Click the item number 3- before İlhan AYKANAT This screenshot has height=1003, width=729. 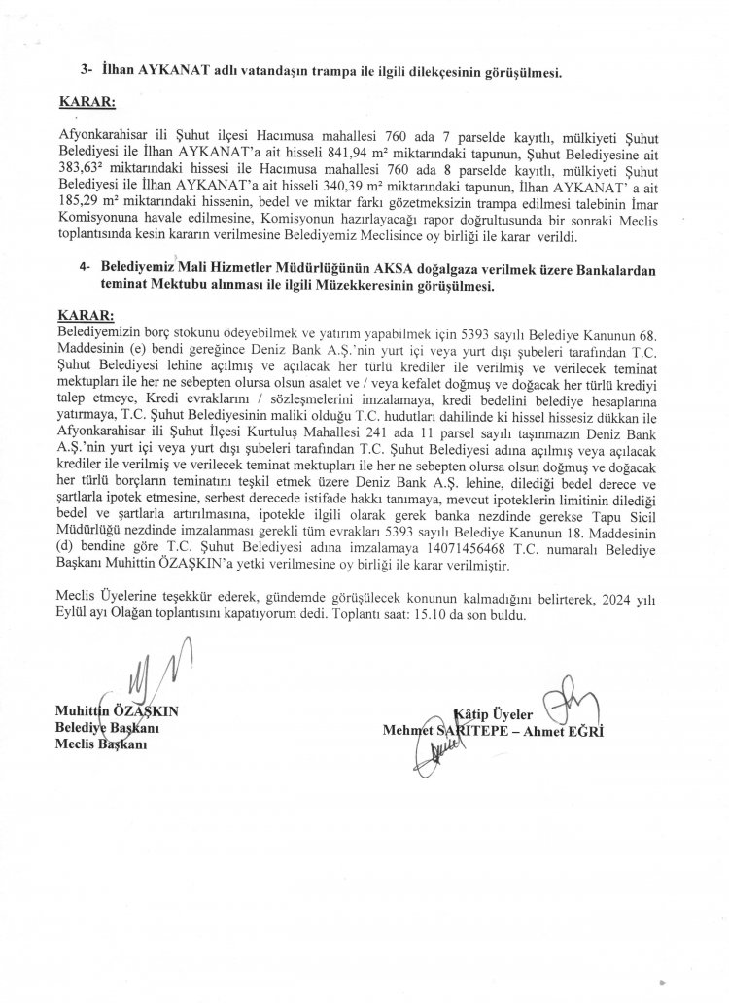coord(87,71)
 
